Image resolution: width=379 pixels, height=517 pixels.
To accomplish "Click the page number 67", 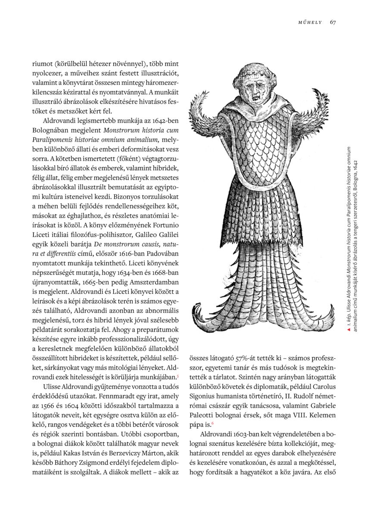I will [333, 22].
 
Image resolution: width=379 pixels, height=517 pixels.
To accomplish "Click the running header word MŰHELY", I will [310, 22].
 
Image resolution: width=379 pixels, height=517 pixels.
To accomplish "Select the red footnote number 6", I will [212, 423].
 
